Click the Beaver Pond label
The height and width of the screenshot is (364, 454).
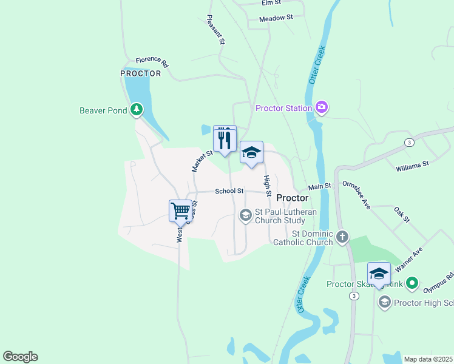click(x=103, y=110)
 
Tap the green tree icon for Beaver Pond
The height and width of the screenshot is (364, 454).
click(x=137, y=110)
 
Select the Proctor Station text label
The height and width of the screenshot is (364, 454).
click(x=283, y=109)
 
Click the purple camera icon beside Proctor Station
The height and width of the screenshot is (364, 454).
click(x=322, y=108)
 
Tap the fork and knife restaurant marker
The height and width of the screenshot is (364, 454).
click(x=225, y=139)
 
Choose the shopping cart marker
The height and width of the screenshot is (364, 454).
click(x=181, y=212)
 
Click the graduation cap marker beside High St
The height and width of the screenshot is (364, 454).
click(x=251, y=153)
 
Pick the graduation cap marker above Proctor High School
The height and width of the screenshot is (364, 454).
click(x=379, y=274)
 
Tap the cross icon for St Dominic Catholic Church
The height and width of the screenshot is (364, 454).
click(x=342, y=237)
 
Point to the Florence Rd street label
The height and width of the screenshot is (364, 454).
click(x=152, y=60)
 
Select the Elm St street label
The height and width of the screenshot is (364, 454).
click(x=269, y=3)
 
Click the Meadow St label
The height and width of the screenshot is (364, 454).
click(x=276, y=19)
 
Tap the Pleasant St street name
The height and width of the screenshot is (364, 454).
click(x=216, y=30)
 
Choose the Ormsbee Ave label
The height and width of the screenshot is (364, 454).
click(x=356, y=195)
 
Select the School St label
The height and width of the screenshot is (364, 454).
click(x=229, y=191)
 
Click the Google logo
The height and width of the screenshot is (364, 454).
click(x=20, y=357)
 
